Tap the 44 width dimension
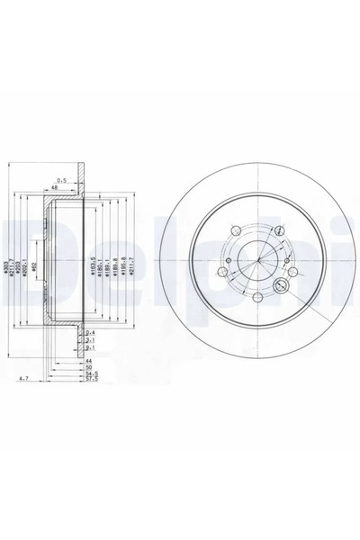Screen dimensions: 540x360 [88, 361]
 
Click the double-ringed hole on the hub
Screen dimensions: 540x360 [279, 287]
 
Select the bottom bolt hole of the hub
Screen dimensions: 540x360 [256, 297]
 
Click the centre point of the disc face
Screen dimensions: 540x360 [256, 262]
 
